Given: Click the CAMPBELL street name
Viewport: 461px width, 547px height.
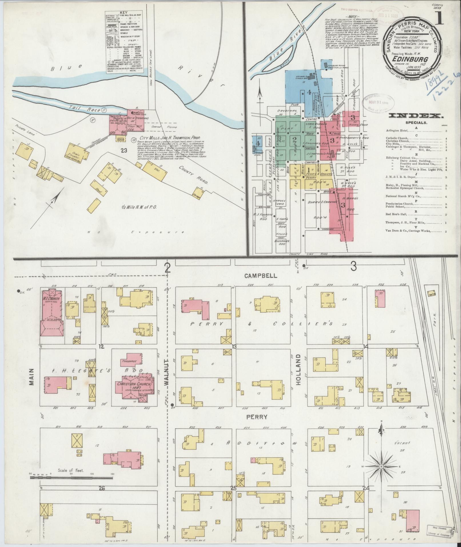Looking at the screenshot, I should tap(261, 276).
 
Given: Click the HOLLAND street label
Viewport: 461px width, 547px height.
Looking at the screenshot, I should tap(299, 371).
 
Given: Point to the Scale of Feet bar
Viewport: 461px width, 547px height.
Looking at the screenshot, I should tap(71, 477).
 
